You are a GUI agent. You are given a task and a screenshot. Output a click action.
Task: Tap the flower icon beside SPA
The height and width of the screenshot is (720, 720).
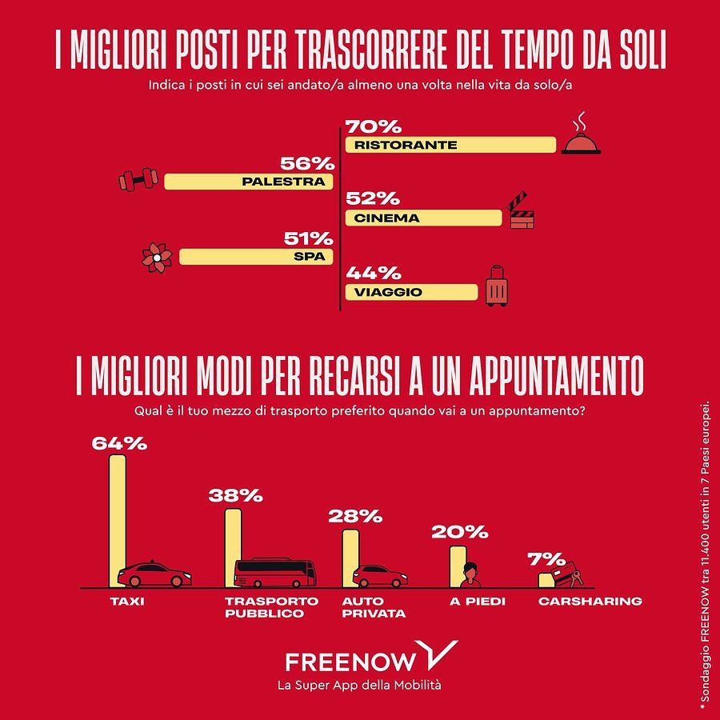pyautogui.click(x=157, y=256)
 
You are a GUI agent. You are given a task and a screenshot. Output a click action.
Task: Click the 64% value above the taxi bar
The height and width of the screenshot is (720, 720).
pyautogui.click(x=119, y=442)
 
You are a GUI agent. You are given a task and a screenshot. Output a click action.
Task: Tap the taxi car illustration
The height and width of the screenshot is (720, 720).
pyautogui.click(x=154, y=574)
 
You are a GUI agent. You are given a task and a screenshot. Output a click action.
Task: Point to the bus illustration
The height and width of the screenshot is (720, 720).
pyautogui.click(x=274, y=573)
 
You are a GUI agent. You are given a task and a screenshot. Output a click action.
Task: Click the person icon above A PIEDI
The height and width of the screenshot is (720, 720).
pyautogui.click(x=470, y=574)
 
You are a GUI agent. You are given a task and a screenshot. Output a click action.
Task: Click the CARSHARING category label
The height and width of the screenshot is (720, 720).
pyautogui.click(x=590, y=601)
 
